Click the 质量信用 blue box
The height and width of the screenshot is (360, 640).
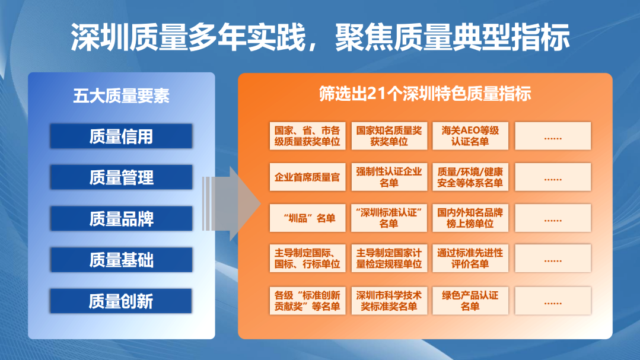click(121, 136)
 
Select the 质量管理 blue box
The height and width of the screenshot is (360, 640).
click(121, 177)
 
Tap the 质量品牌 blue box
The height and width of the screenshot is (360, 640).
click(121, 219)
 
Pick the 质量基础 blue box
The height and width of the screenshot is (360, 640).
click(121, 260)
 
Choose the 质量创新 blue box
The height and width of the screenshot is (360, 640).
click(121, 301)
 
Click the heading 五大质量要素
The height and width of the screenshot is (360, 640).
click(121, 96)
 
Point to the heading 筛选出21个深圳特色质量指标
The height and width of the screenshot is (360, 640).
click(425, 94)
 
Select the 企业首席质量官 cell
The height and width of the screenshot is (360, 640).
click(307, 177)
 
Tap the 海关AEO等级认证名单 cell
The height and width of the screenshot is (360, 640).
click(470, 136)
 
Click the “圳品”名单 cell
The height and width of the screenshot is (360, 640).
click(307, 218)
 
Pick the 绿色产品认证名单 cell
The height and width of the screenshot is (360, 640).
click(470, 301)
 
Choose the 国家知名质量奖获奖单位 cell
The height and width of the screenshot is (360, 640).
click(389, 136)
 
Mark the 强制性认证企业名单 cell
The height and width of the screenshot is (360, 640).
click(389, 177)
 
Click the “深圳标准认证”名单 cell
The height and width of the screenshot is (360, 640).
click(389, 218)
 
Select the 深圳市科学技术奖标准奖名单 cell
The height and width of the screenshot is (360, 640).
click(389, 301)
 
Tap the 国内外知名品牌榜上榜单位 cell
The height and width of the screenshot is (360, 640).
click(470, 218)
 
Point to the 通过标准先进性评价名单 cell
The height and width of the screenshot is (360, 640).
click(470, 259)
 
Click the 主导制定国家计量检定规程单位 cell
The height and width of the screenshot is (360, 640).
click(389, 259)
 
